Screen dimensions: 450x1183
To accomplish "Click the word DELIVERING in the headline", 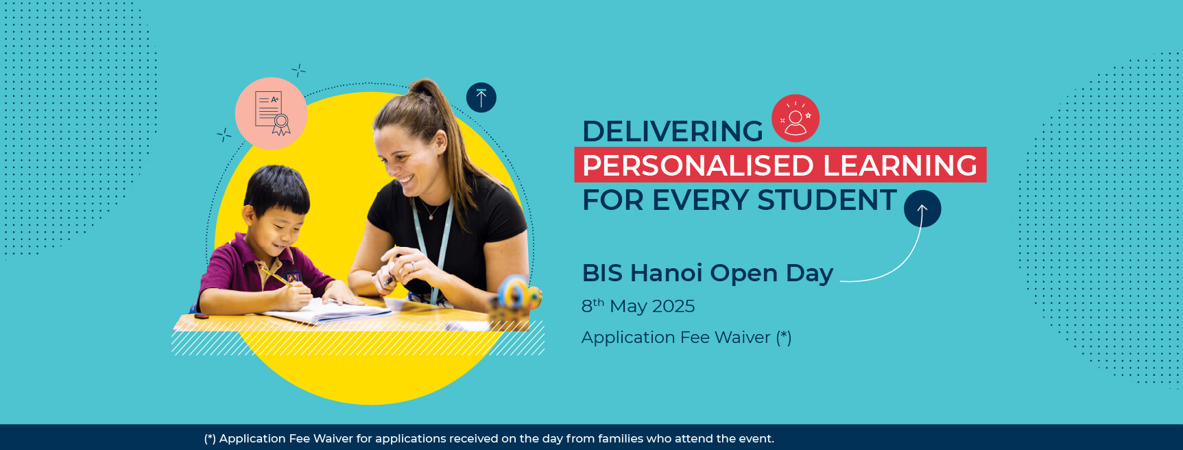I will (x=672, y=132).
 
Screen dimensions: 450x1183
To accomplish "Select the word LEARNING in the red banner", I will (x=900, y=166).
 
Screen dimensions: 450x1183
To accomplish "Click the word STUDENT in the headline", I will (x=826, y=200).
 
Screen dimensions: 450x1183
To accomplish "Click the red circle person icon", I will (x=796, y=118).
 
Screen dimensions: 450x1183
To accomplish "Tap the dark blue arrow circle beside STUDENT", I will (x=922, y=209).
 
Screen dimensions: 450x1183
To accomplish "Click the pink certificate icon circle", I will (x=272, y=114).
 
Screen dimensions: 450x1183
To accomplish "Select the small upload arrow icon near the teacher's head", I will (x=481, y=97).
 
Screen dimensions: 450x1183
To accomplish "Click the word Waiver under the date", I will (x=742, y=337).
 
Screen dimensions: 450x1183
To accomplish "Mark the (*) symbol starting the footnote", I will (x=210, y=438).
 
